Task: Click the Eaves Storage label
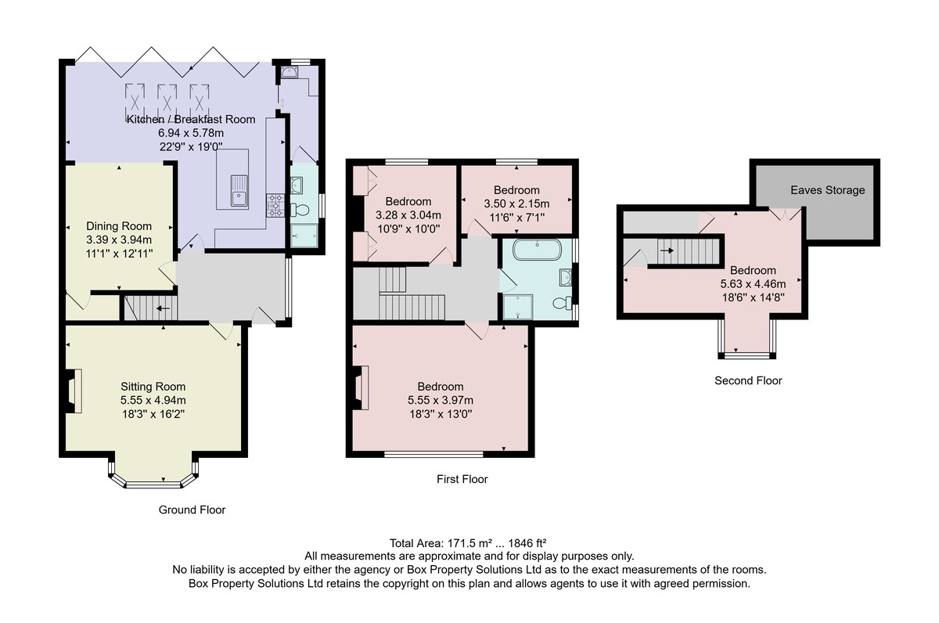click(x=828, y=190)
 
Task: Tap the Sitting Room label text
click(x=153, y=387)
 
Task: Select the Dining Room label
click(x=119, y=226)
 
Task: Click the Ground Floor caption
click(x=192, y=510)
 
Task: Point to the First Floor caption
click(x=462, y=479)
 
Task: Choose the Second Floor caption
click(x=748, y=380)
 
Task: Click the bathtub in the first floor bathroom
click(x=537, y=250)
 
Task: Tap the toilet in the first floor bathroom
click(x=563, y=303)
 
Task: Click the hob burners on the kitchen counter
click(x=275, y=205)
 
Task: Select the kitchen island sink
click(x=239, y=191)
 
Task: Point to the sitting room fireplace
click(x=73, y=391)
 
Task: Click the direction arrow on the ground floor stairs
click(x=163, y=309)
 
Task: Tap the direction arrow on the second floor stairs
click(x=667, y=250)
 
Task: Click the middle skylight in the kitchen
click(x=167, y=98)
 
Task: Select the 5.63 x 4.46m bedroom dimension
click(x=753, y=284)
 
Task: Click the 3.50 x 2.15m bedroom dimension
click(x=516, y=203)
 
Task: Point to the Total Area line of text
click(x=468, y=543)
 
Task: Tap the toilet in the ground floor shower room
click(x=300, y=209)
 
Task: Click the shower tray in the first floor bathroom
click(x=518, y=307)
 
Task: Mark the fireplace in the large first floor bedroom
click(x=361, y=387)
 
